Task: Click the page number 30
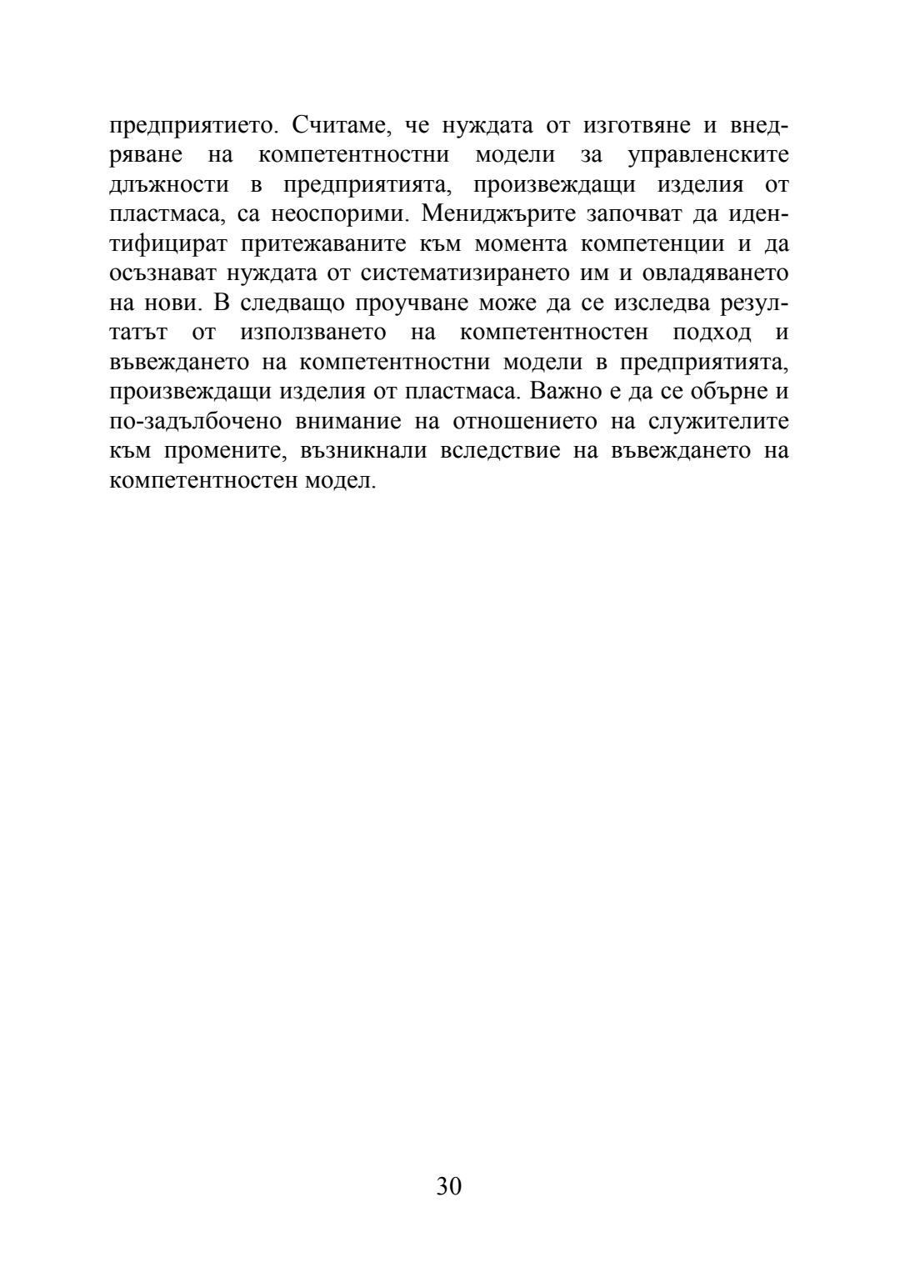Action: pos(448,1187)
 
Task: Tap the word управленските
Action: pos(707,156)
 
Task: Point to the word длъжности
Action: pos(168,185)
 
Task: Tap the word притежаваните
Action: pos(311,244)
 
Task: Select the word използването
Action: pos(312,333)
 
